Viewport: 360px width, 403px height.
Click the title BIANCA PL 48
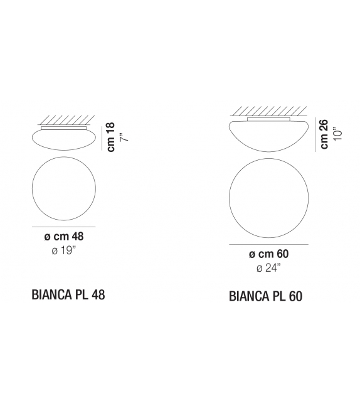click(68, 294)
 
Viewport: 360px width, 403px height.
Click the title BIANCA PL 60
click(265, 296)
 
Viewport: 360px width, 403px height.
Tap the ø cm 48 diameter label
click(64, 237)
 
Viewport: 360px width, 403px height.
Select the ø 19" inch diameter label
click(64, 250)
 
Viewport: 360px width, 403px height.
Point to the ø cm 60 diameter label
click(269, 254)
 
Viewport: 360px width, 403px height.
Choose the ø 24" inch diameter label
click(268, 268)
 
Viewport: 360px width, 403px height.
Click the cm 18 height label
click(111, 137)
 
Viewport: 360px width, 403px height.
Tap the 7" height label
click(124, 137)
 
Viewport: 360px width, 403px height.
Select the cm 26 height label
click(324, 134)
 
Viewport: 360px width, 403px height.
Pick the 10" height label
click(338, 134)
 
